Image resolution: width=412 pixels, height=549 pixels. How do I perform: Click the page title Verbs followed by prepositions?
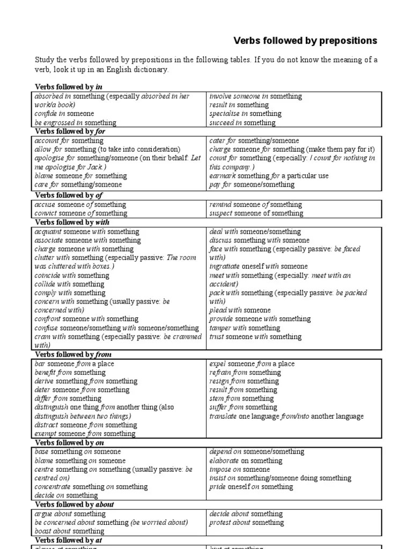coord(305,41)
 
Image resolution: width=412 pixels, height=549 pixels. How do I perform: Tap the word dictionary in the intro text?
coord(152,70)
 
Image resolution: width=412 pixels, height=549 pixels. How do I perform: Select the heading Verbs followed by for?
coord(69,131)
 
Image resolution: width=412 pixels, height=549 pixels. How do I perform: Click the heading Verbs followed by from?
coord(73,354)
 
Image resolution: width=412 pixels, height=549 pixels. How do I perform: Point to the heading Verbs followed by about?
coord(75,505)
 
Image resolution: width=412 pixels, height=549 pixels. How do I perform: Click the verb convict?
coord(45,213)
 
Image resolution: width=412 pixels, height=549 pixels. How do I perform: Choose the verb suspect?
coord(221,213)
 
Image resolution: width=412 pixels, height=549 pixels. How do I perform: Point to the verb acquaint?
coord(48,232)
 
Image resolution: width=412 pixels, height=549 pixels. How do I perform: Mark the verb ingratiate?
coord(224,266)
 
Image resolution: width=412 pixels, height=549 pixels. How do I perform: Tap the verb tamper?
coord(220,328)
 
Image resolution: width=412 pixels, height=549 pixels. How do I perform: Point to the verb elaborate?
coord(224,461)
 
